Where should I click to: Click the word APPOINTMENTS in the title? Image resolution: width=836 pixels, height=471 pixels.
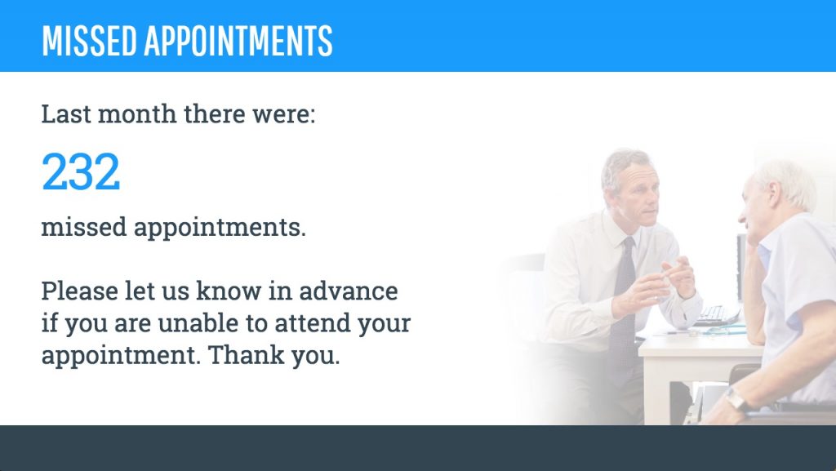pos(238,41)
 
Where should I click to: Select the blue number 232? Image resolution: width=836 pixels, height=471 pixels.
pos(81,172)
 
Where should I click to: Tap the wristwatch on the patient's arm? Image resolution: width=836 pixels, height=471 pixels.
pos(737,399)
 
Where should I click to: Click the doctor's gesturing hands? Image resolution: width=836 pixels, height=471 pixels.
pos(665,282)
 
